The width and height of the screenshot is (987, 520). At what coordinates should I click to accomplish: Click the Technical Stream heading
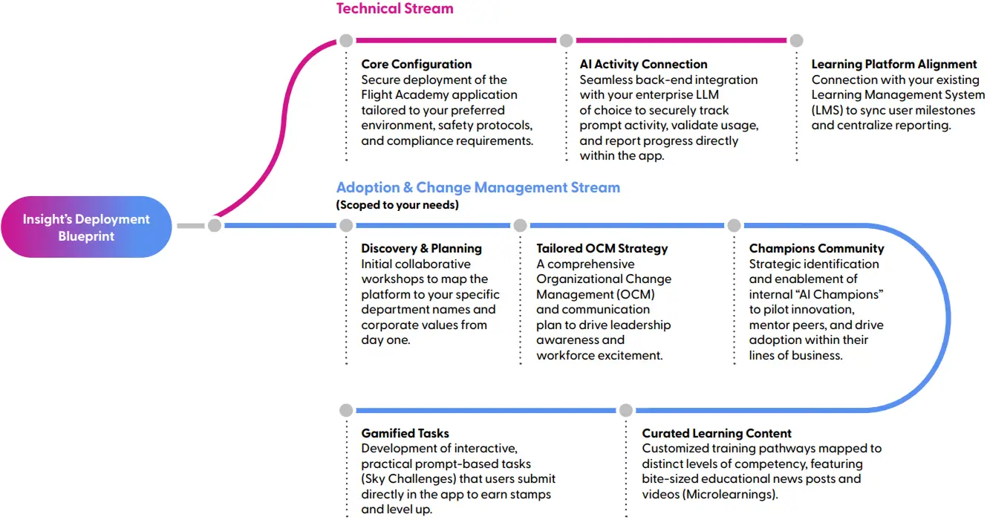(x=395, y=8)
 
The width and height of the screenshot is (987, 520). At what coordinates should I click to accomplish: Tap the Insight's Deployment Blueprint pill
(x=86, y=227)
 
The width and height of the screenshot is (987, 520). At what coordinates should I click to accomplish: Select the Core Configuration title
(x=417, y=65)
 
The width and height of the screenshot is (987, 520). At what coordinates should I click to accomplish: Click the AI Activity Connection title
(x=643, y=65)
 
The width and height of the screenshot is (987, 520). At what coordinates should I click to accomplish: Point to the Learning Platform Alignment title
(x=894, y=65)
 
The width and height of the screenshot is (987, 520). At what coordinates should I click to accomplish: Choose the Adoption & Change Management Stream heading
(x=478, y=188)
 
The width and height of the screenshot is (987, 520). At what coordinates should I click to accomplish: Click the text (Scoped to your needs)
(x=397, y=205)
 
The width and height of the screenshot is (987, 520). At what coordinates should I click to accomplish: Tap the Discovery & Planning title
(x=421, y=249)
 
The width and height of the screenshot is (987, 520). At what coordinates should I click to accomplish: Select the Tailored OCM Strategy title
(x=602, y=249)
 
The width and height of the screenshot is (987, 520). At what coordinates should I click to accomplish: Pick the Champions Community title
(x=816, y=249)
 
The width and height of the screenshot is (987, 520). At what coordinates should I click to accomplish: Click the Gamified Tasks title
(x=405, y=433)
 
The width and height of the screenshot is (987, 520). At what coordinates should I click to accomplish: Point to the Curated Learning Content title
(x=717, y=433)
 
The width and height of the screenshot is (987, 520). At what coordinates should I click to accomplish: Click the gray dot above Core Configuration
(x=346, y=41)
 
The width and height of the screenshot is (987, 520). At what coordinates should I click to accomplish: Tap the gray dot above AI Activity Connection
(x=566, y=41)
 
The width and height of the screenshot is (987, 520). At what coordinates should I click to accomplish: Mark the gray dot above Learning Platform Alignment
(x=796, y=41)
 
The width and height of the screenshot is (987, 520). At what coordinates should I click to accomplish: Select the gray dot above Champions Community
(x=734, y=226)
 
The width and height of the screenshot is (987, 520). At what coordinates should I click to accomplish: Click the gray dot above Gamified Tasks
(x=346, y=410)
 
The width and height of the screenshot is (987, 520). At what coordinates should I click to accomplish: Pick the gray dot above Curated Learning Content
(x=625, y=410)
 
